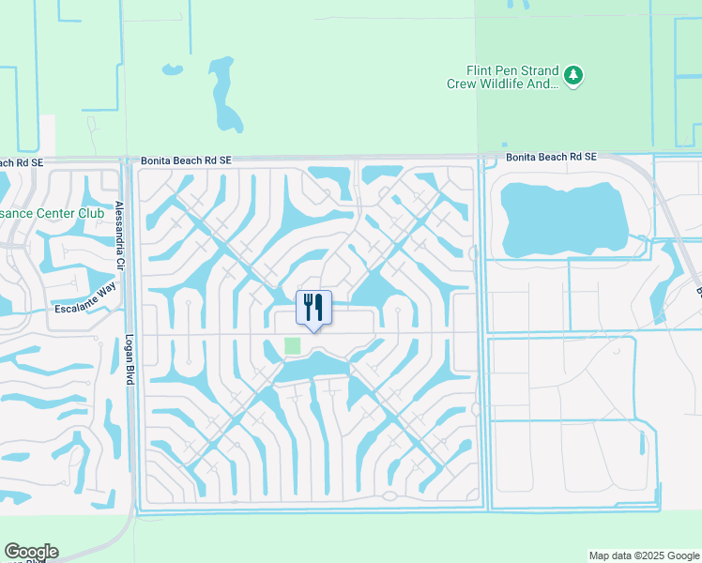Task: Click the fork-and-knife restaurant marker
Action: [x=313, y=307]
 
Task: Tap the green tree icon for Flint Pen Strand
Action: [x=573, y=74]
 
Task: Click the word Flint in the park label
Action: [x=481, y=70]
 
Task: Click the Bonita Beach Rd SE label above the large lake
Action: [x=551, y=157]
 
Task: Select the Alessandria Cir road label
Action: [x=119, y=234]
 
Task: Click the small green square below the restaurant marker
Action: [x=293, y=345]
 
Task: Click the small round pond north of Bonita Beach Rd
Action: [x=171, y=69]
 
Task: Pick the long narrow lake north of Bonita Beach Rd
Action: [x=224, y=94]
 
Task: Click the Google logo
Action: [x=31, y=552]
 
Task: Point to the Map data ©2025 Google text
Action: [x=643, y=555]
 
